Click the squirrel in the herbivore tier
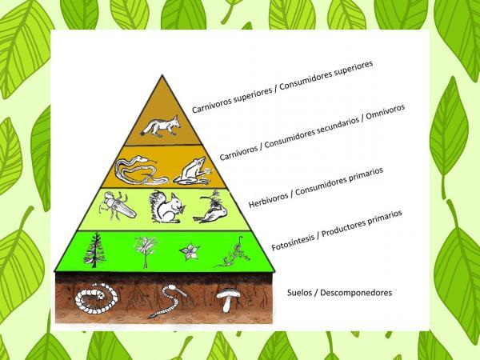click(166, 209)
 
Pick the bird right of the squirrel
click(213, 208)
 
